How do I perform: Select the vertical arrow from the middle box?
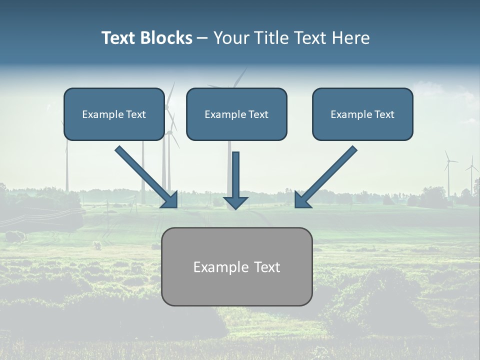pyautogui.click(x=236, y=175)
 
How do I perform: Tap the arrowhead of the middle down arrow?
pyautogui.click(x=236, y=202)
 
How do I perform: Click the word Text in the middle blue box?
pyautogui.click(x=258, y=114)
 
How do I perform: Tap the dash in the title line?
pyautogui.click(x=202, y=38)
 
